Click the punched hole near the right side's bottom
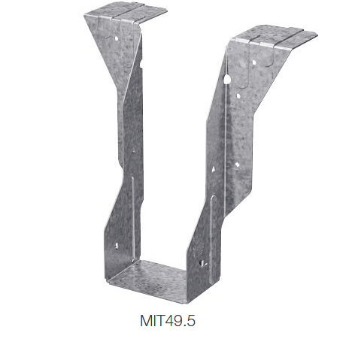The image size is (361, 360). coord(202,262)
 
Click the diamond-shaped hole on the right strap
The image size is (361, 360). coord(238,164)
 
